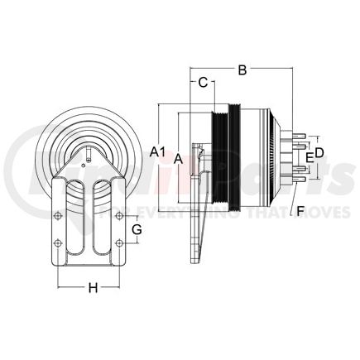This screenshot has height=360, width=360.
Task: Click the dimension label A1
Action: [x=159, y=151]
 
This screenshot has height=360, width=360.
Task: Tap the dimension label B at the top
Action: [x=242, y=71]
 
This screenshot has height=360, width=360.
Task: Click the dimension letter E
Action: [x=309, y=157]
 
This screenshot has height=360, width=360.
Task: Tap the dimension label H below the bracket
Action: [x=93, y=288]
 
